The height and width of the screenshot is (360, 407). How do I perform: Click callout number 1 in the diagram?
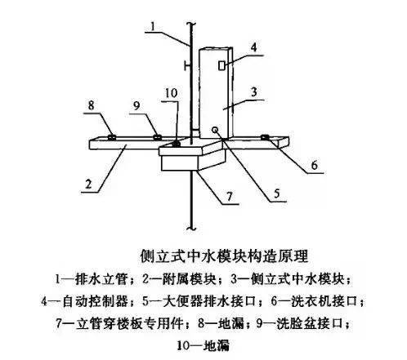click(153, 27)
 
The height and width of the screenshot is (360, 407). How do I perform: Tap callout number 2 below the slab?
click(89, 184)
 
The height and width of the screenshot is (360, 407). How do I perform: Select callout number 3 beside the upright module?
click(254, 92)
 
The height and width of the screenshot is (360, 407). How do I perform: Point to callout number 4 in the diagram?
click(254, 47)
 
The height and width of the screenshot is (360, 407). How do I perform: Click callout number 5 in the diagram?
click(277, 193)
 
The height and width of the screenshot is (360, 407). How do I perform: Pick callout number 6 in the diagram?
click(314, 165)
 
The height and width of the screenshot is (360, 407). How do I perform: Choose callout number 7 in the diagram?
click(230, 196)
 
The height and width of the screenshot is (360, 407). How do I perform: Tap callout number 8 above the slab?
click(92, 105)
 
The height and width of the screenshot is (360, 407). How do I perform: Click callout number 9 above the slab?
click(136, 105)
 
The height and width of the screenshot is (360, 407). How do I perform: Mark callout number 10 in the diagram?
click(172, 93)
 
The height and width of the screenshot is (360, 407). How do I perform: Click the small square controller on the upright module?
click(221, 65)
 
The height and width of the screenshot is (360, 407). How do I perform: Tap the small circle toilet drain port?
click(215, 130)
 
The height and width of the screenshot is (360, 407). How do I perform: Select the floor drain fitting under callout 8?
click(112, 137)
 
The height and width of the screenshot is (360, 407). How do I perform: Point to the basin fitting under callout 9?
click(157, 137)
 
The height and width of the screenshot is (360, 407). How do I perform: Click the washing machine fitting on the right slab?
click(265, 137)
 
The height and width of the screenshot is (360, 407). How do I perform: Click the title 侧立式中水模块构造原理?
click(224, 256)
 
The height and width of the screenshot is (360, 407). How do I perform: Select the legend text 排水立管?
click(101, 279)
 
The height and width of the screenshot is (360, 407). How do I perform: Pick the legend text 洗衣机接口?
click(324, 301)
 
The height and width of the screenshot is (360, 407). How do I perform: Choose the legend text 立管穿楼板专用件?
click(129, 323)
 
